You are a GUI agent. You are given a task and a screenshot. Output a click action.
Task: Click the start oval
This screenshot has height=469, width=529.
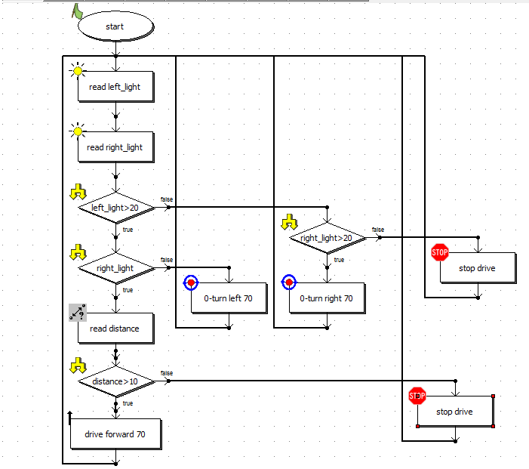(115, 26)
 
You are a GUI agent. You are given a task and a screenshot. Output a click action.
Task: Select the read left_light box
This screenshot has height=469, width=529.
(115, 87)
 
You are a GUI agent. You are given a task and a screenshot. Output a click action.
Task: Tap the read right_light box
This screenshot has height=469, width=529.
(115, 147)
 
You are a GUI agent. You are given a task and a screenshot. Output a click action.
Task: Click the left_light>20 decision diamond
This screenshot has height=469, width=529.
(115, 208)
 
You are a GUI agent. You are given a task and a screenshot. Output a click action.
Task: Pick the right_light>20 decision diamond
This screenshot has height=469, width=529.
(327, 238)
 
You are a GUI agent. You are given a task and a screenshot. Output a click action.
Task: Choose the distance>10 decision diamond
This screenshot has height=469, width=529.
(115, 381)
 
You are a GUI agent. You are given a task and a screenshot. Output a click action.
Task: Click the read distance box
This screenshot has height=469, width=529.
(115, 329)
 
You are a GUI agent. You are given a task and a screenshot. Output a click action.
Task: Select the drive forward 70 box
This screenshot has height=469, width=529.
(115, 434)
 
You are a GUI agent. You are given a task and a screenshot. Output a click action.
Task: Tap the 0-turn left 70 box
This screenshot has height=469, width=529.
(228, 298)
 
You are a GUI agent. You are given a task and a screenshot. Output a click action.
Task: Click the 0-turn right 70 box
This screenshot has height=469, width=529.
(327, 298)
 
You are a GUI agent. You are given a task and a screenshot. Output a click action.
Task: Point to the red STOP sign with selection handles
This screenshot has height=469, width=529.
(417, 395)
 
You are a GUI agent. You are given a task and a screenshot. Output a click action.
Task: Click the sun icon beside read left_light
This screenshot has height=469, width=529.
(76, 72)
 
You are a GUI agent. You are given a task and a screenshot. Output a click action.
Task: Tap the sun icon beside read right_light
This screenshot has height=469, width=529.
(76, 133)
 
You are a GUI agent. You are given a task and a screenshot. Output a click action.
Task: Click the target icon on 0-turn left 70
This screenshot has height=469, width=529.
(191, 282)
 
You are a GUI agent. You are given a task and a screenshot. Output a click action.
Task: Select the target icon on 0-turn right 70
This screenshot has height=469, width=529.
(289, 282)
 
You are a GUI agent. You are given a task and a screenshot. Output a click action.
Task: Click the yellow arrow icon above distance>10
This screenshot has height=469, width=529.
(77, 366)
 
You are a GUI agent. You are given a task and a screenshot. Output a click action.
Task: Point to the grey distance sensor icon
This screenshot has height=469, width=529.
(77, 312)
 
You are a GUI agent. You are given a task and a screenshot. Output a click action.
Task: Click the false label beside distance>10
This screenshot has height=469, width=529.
(167, 373)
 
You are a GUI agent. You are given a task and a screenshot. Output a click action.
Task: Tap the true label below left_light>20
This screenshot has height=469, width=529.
(128, 229)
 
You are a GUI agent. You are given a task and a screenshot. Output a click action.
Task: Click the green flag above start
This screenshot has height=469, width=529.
(78, 10)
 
